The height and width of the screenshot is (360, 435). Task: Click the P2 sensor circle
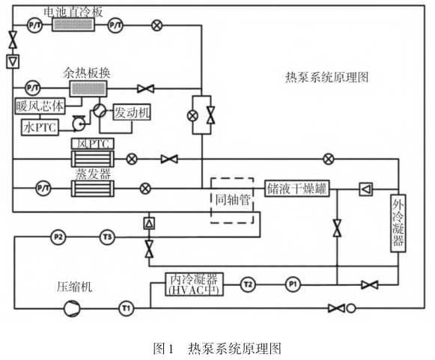click(x=58, y=237)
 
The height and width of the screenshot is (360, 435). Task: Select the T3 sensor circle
click(x=107, y=237)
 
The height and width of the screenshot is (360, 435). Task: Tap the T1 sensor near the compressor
click(x=127, y=308)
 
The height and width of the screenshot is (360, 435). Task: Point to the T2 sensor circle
click(x=248, y=284)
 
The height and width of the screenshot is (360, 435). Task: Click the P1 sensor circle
click(x=293, y=284)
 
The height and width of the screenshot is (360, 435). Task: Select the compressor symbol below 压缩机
click(x=72, y=308)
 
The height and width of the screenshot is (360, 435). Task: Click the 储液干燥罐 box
click(x=296, y=189)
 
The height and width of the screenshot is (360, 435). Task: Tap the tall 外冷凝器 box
click(x=398, y=223)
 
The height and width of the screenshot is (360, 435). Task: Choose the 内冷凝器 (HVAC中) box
click(x=194, y=284)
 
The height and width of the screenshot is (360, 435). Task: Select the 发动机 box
click(x=132, y=112)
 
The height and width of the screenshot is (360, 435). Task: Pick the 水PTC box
click(x=40, y=127)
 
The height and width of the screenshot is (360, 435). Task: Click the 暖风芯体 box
click(x=40, y=106)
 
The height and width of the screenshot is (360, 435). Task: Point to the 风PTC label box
click(x=93, y=144)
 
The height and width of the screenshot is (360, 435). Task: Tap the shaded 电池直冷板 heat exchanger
click(x=73, y=25)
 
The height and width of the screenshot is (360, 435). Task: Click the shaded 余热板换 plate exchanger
click(x=88, y=89)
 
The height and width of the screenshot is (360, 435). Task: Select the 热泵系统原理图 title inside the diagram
click(x=326, y=77)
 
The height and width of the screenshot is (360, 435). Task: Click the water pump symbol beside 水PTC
click(x=79, y=123)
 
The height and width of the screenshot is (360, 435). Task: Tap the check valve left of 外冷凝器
click(x=366, y=189)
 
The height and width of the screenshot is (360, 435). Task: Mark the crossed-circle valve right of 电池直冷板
click(x=156, y=25)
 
